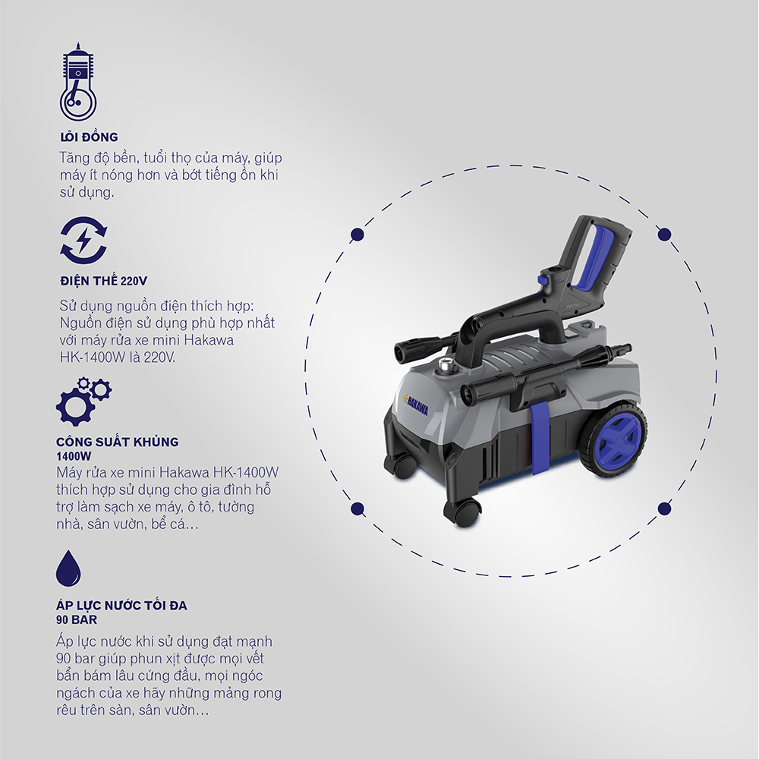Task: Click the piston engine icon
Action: [78, 81]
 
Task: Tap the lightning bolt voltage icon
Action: [83, 241]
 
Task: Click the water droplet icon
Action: [68, 568]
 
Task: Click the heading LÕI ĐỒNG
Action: [89, 137]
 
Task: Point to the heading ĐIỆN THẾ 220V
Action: [103, 281]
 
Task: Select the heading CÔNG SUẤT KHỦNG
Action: [117, 442]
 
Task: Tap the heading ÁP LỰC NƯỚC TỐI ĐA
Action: [121, 605]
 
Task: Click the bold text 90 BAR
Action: [77, 619]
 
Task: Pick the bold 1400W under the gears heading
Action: [74, 456]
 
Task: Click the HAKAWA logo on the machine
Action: [415, 403]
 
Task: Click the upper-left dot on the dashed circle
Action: [357, 235]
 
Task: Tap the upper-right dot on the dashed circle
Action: [665, 235]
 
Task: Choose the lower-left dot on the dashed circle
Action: [357, 509]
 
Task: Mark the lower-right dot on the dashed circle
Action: [665, 509]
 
